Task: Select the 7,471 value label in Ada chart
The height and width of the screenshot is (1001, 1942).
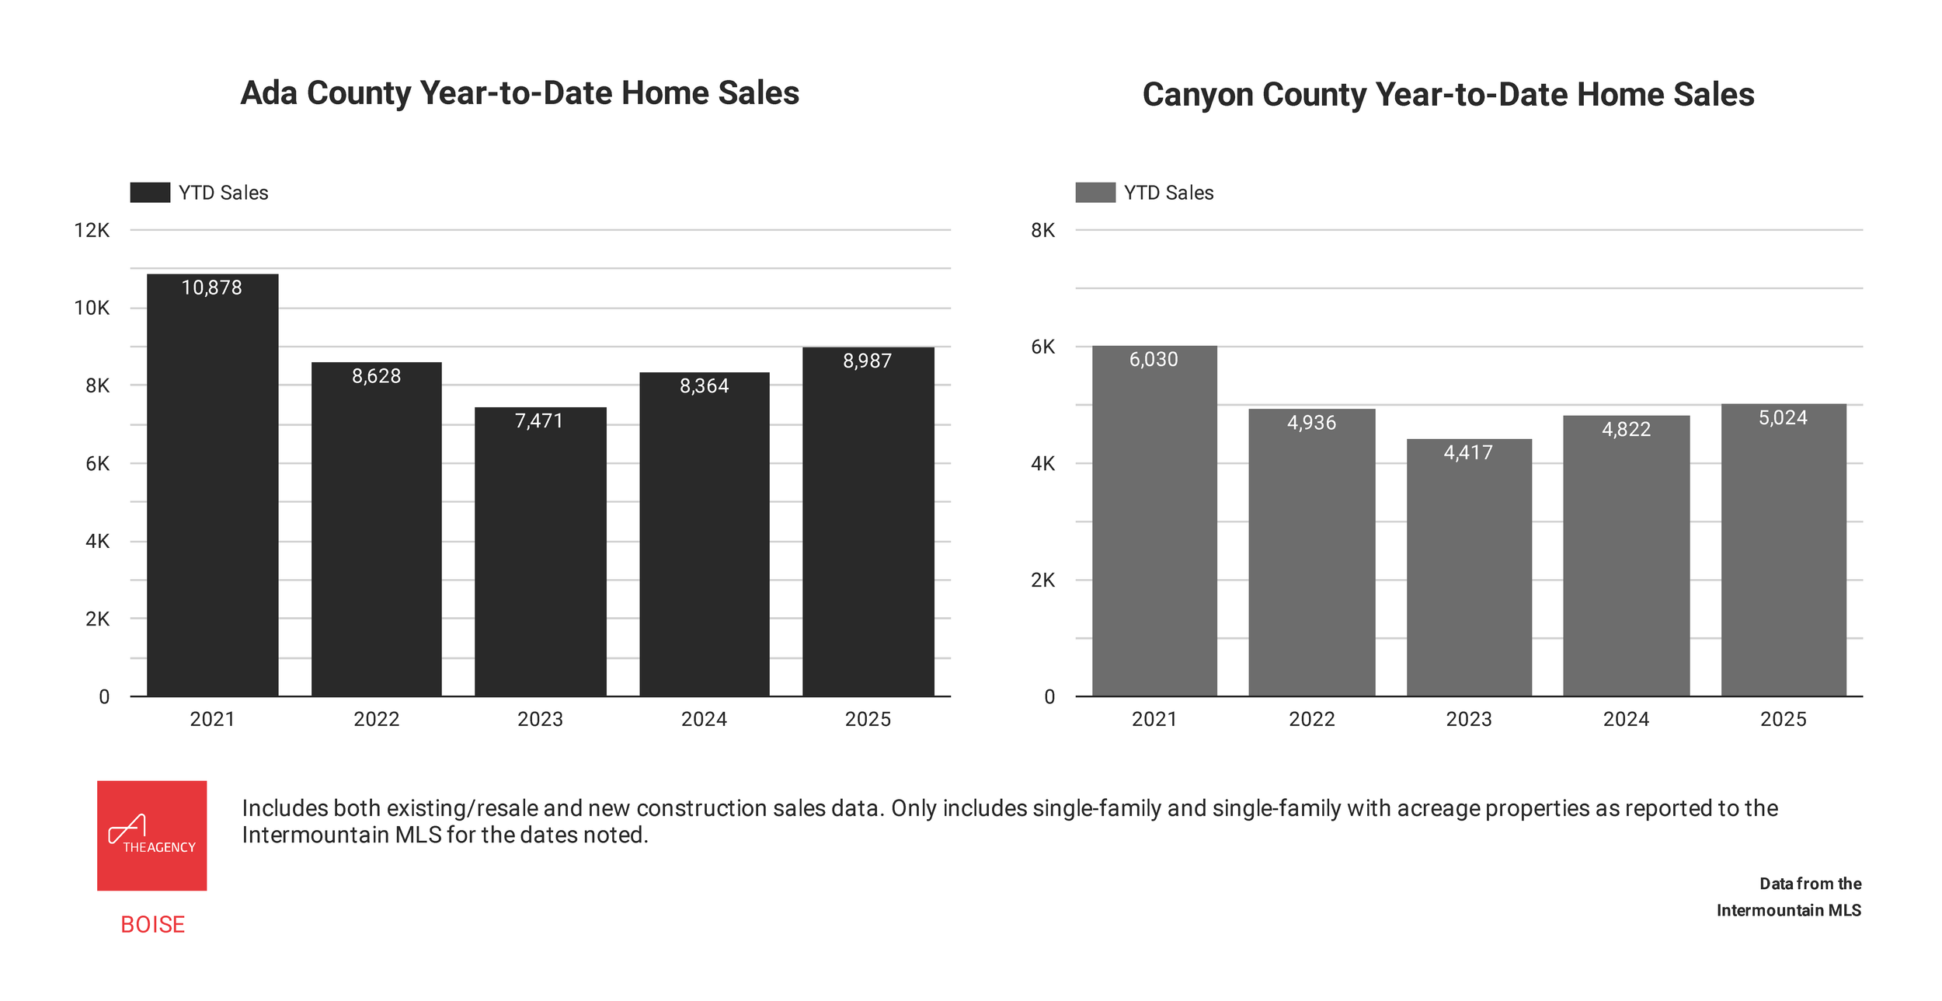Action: pos(538,420)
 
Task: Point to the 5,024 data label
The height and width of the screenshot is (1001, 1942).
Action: pos(1783,417)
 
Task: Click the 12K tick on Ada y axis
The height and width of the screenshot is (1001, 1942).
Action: pos(92,230)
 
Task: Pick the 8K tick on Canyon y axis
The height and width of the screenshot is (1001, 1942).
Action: pos(1042,230)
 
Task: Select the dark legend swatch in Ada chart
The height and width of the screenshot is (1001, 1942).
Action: pos(150,193)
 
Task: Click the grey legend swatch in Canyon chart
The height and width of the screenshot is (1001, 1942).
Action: pos(1095,193)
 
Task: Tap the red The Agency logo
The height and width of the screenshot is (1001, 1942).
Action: pos(152,835)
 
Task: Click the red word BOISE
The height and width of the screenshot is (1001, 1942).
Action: pos(152,924)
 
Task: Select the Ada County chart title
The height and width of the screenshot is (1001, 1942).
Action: pos(520,93)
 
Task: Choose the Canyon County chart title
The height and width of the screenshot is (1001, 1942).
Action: pos(1448,95)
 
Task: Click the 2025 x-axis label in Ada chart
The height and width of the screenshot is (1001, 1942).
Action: pos(868,719)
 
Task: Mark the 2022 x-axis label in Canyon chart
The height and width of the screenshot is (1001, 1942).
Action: pos(1311,719)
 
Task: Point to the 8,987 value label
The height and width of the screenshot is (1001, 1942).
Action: pos(867,361)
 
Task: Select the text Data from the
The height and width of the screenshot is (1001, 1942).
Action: pos(1810,884)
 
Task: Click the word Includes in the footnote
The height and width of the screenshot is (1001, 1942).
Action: pos(285,808)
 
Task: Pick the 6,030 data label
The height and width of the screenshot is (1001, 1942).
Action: pos(1154,359)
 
